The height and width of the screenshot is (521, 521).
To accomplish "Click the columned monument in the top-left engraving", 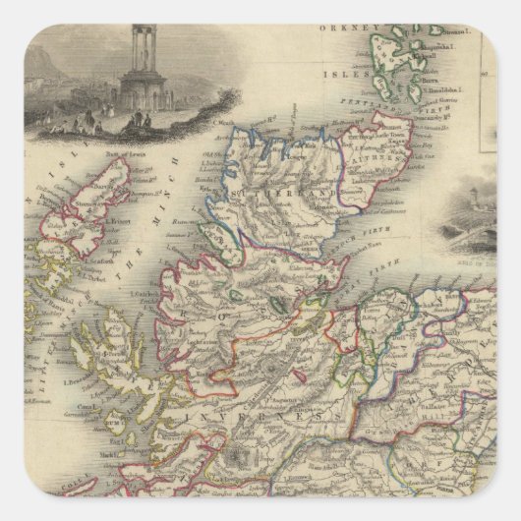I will (x=133, y=63).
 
